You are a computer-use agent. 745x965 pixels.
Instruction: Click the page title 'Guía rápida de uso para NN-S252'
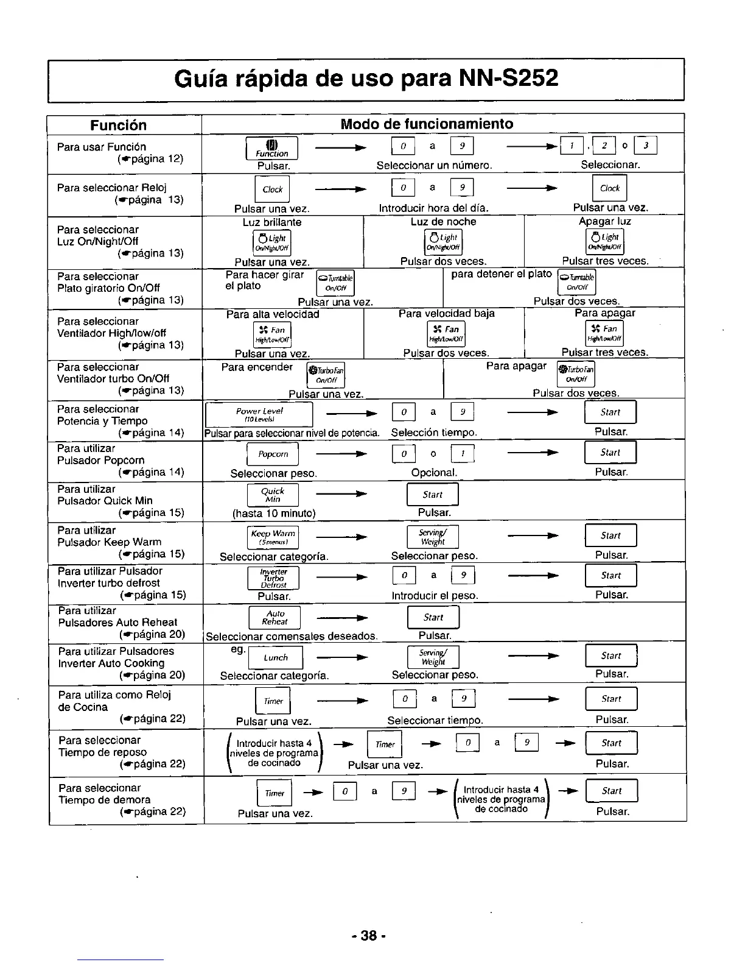click(x=366, y=79)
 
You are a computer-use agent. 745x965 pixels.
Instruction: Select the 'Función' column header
click(x=118, y=125)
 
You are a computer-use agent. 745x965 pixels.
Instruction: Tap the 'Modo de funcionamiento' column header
click(x=427, y=124)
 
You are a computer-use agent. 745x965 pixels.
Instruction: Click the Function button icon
click(x=271, y=149)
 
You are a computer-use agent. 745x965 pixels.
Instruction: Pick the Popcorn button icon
click(x=273, y=454)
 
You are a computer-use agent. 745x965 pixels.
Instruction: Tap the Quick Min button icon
click(x=272, y=495)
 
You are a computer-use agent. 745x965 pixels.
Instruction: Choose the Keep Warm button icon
click(x=273, y=537)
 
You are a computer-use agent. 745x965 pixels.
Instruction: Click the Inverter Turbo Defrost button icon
click(x=273, y=578)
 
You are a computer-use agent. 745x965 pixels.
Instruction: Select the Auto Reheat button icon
click(x=275, y=618)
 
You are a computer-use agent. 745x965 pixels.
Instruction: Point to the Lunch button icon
click(x=276, y=658)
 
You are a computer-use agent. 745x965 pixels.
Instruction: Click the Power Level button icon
click(x=259, y=414)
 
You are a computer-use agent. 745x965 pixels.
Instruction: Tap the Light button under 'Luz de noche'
click(x=443, y=242)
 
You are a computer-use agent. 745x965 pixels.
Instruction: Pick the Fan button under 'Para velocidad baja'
click(x=446, y=333)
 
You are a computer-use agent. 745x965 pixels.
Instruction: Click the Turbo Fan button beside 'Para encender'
click(x=326, y=375)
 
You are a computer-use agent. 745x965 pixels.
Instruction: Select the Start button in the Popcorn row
click(x=610, y=453)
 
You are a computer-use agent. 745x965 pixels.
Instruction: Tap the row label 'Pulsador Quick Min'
click(x=105, y=501)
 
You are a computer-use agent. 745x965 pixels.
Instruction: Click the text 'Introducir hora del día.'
click(x=433, y=208)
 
